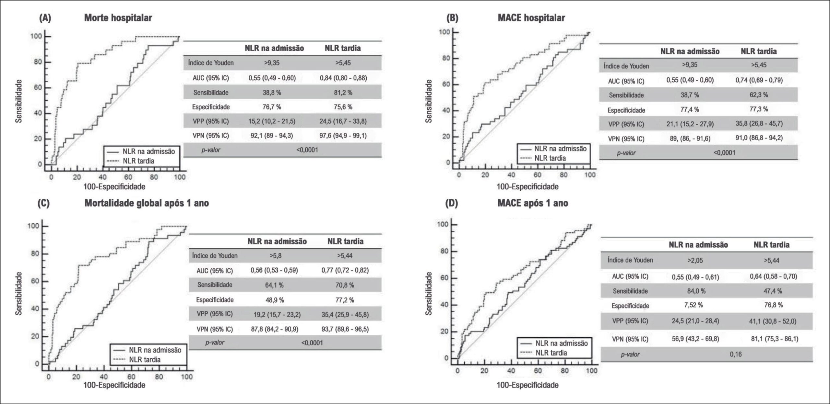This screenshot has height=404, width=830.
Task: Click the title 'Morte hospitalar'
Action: (118, 17)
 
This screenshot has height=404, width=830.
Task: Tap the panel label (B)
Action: (452, 18)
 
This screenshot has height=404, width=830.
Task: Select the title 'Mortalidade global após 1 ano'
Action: (147, 203)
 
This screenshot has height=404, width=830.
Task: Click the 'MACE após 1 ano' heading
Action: (533, 203)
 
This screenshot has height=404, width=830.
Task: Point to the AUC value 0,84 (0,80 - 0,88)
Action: (343, 78)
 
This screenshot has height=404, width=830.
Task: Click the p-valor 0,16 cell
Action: (736, 354)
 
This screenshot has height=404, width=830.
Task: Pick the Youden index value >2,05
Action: (695, 260)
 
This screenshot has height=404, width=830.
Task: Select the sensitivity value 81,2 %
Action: (343, 93)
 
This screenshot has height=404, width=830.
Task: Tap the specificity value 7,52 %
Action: (695, 305)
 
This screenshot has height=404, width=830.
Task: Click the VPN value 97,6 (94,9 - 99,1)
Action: (343, 135)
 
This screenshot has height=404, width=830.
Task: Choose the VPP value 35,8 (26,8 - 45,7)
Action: (759, 123)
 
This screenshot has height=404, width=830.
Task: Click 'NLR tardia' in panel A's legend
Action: (138, 161)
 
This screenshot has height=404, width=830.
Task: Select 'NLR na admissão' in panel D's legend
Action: (562, 343)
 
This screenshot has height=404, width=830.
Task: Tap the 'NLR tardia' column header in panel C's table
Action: (345, 241)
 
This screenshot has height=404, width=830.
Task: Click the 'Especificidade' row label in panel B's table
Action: (626, 110)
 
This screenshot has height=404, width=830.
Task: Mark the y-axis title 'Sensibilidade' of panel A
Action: (19, 101)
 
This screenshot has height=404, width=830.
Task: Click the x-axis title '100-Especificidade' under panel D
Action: (528, 385)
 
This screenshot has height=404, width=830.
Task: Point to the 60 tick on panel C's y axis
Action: (35, 281)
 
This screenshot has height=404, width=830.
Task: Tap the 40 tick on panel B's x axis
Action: (511, 175)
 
